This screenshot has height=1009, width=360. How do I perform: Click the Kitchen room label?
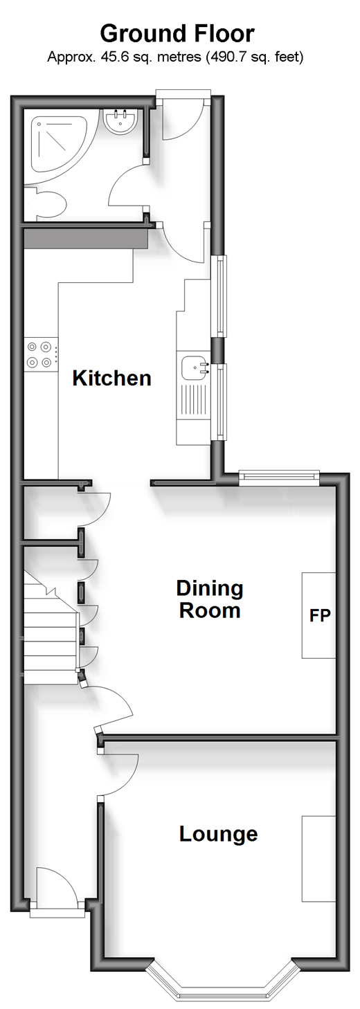pos(111,378)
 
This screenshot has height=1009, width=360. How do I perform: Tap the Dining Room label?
pos(210,599)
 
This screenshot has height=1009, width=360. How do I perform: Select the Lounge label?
pos(219,834)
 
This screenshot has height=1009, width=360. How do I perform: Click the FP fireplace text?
pos(320,615)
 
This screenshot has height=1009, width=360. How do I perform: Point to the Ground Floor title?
pos(177,33)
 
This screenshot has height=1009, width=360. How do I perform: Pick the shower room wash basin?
pos(119,121)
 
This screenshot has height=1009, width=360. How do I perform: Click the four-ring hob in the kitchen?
pos(41,354)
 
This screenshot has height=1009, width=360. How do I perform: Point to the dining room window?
pos(279,478)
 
